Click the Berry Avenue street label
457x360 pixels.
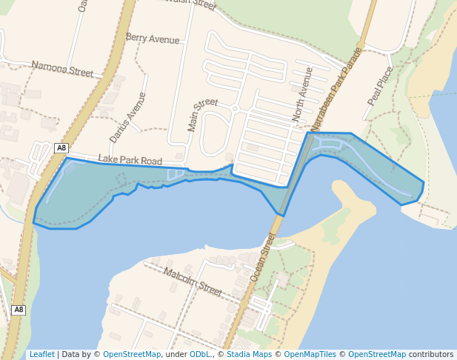153,38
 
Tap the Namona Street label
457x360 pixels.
62,70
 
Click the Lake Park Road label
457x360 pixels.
130,160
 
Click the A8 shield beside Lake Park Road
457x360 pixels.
61,148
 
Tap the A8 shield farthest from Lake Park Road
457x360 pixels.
19,310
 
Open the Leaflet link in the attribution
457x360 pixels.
41,354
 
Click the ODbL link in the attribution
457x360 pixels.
200,354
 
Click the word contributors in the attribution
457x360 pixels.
431,354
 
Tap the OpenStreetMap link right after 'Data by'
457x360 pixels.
132,354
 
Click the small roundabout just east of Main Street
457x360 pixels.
234,109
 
